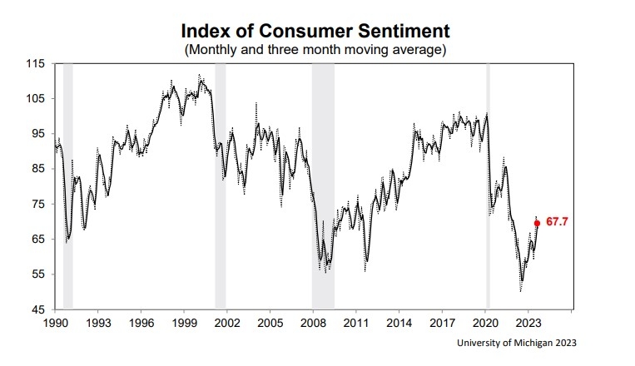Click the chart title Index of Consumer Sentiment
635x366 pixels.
315,31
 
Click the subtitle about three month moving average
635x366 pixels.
315,50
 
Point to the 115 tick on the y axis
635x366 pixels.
36,63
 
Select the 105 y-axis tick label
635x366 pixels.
36,98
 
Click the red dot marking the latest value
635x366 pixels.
537,223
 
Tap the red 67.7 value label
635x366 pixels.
557,223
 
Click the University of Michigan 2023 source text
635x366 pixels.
517,343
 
